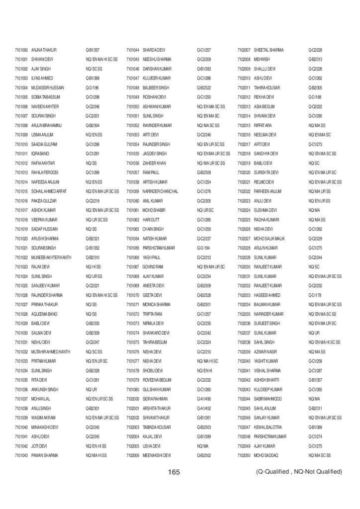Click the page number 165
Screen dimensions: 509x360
click(174, 471)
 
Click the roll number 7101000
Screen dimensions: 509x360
click(21, 50)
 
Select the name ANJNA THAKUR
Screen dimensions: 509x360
click(44, 50)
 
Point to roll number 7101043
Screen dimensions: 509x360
click(21, 455)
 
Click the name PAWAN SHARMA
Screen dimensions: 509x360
click(45, 455)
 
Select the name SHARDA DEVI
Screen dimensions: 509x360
click(155, 50)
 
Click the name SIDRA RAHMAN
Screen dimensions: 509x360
click(156, 399)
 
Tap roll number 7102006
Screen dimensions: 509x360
click(132, 455)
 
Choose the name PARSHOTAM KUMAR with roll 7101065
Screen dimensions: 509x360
click(159, 248)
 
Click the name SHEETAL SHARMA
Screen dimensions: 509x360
click(269, 50)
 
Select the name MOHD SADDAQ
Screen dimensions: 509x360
click(267, 455)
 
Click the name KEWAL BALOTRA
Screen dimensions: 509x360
click(268, 427)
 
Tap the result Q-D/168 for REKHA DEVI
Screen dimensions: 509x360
click(315, 97)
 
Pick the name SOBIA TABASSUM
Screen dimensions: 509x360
click(46, 97)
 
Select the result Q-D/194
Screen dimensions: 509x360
click(203, 248)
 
